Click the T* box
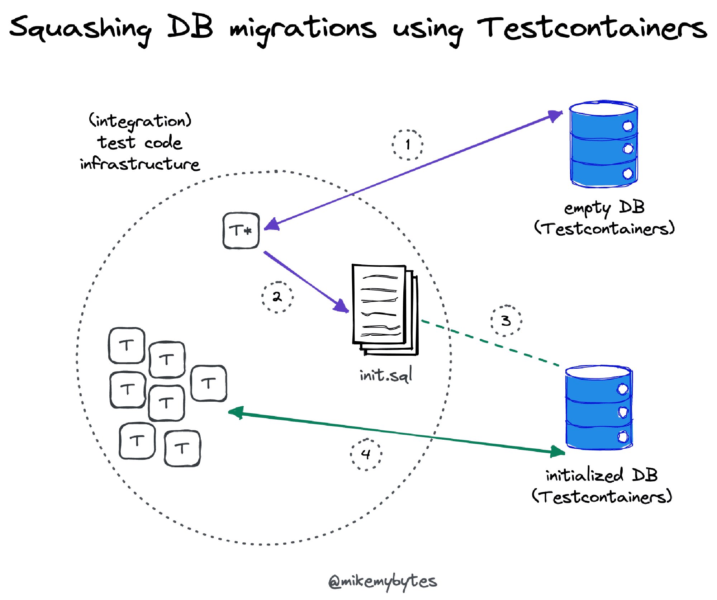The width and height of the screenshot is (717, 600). tap(241, 230)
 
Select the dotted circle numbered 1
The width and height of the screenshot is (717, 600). tap(407, 145)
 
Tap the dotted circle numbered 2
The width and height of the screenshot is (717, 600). tap(277, 297)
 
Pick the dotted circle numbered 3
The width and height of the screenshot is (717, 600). tap(506, 320)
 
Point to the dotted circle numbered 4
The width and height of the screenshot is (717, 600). tap(366, 454)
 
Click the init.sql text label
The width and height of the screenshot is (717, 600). tap(386, 375)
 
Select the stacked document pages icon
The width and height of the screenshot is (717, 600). tap(384, 310)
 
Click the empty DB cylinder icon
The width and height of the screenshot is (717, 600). tap(604, 144)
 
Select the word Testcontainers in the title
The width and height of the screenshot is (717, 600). tap(592, 28)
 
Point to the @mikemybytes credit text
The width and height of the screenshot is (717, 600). tap(383, 581)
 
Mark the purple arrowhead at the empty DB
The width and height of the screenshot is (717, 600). tap(555, 115)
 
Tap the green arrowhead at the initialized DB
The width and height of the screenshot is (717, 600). tap(557, 452)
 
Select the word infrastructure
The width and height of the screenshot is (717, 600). tap(140, 164)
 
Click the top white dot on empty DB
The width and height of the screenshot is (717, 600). tap(628, 126)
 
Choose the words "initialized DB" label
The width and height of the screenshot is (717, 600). tap(602, 475)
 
